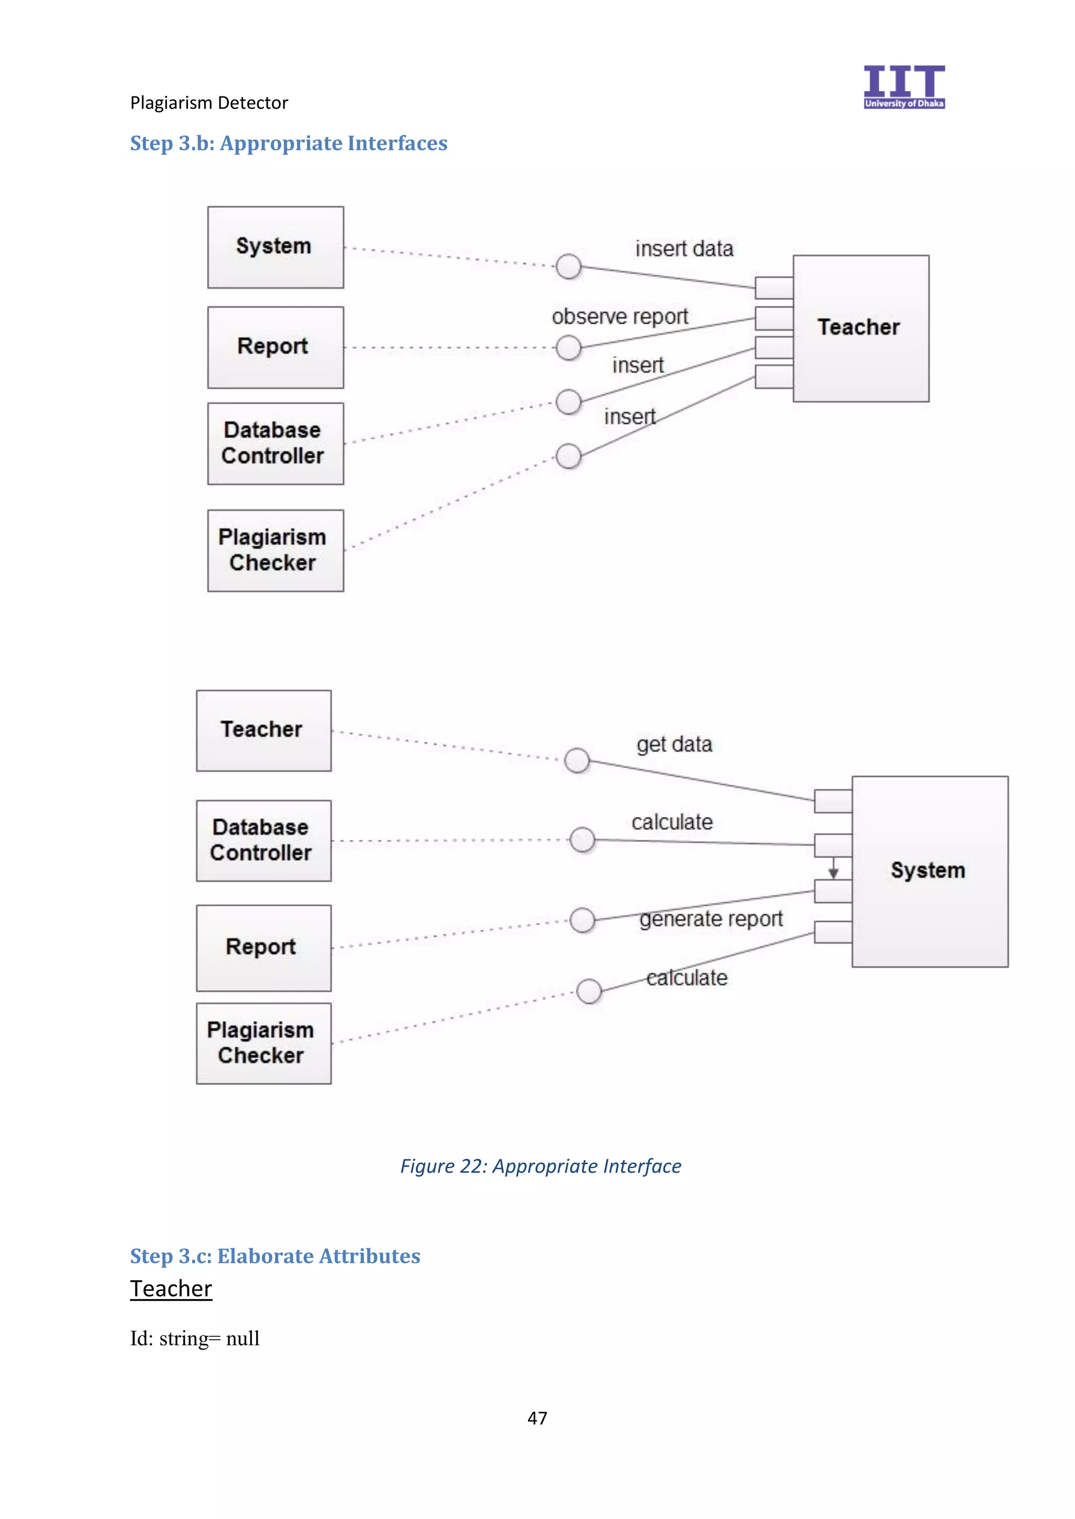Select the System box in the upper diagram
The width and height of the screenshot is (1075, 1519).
point(276,247)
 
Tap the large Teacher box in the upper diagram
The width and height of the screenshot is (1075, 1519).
point(860,328)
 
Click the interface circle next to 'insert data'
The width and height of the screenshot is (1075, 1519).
point(568,266)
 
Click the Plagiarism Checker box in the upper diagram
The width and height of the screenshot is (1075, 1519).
point(276,550)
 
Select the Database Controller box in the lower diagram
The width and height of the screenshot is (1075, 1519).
point(264,840)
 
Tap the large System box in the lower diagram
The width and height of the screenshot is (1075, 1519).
point(930,871)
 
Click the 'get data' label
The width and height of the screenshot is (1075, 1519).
point(674,744)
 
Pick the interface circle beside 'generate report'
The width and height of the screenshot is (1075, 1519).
point(582,919)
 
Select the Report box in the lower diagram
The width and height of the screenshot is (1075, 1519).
point(264,947)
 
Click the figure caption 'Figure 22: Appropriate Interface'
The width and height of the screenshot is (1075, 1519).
point(540,1165)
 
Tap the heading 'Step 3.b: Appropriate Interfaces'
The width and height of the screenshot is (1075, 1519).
point(289,143)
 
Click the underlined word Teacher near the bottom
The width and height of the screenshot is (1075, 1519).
point(171,1288)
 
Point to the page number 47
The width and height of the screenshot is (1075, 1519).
point(537,1418)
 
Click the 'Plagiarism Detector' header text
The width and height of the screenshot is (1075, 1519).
point(209,103)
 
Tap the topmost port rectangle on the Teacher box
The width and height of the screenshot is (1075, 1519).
point(774,288)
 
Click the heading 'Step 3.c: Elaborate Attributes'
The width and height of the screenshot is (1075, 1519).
point(275,1256)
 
